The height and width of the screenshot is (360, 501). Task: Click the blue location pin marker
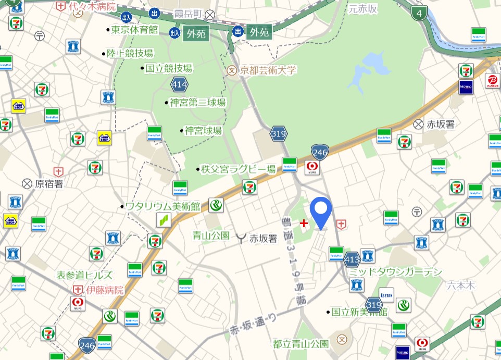[321, 211]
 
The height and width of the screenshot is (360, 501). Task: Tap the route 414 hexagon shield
[179, 83]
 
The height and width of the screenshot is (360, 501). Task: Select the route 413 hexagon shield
[352, 258]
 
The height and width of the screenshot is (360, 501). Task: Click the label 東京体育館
[135, 30]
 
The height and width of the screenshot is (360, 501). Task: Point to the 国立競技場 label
[168, 68]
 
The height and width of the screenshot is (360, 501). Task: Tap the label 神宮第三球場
[197, 103]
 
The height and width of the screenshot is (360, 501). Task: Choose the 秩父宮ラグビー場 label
[239, 169]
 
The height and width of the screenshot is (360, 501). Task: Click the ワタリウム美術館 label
[162, 206]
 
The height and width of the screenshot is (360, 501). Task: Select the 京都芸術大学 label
[268, 70]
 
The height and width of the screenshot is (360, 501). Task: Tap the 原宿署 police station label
[49, 183]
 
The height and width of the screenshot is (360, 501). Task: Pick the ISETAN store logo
[386, 294]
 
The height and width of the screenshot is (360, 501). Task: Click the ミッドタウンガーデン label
[395, 272]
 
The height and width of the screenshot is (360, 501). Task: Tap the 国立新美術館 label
[360, 312]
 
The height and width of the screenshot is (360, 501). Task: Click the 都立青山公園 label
[300, 344]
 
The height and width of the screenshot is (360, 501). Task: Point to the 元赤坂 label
[362, 8]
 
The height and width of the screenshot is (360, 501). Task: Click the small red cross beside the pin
[304, 224]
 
